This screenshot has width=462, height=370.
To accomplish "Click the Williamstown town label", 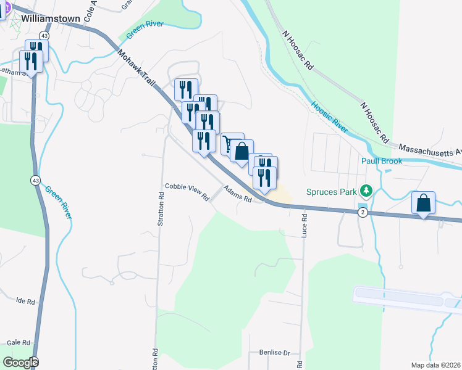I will (51, 18).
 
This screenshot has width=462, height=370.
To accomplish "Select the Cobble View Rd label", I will (187, 191).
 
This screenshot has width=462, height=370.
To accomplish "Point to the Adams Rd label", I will (238, 194).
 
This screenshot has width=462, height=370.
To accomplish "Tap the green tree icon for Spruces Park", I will (367, 191).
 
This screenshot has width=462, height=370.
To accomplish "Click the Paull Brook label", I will (382, 161).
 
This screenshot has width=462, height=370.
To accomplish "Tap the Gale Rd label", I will (18, 342).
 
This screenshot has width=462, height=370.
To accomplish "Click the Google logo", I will (20, 363).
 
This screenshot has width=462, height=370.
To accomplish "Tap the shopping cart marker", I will (230, 144).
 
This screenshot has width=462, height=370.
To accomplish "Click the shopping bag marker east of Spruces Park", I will (424, 203).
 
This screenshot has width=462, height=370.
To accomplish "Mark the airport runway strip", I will (408, 297).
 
